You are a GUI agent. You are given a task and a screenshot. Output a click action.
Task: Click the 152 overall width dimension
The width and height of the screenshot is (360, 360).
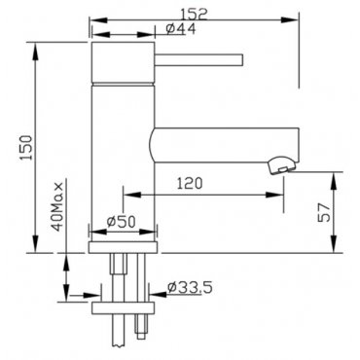[x=194, y=15]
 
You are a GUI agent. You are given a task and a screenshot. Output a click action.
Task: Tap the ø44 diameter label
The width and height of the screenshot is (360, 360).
[x=181, y=29]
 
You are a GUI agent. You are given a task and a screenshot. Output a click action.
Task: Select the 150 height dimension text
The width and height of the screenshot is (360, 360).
[x=26, y=148]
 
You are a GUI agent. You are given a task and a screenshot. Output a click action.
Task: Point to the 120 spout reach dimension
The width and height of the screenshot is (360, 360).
[x=190, y=183]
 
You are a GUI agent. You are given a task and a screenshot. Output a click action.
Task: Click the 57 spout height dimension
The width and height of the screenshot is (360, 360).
[x=324, y=213]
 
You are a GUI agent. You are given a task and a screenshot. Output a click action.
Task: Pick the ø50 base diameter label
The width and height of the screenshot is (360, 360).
[x=121, y=222]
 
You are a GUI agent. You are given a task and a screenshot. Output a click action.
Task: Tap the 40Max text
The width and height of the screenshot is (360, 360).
[x=57, y=206]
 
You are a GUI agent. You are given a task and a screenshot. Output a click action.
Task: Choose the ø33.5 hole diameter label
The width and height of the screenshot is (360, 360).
[x=190, y=287]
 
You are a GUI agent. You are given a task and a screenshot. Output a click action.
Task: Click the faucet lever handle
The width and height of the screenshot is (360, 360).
[x=198, y=60]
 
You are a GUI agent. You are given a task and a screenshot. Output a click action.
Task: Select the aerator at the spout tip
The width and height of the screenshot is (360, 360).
[x=281, y=164]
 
